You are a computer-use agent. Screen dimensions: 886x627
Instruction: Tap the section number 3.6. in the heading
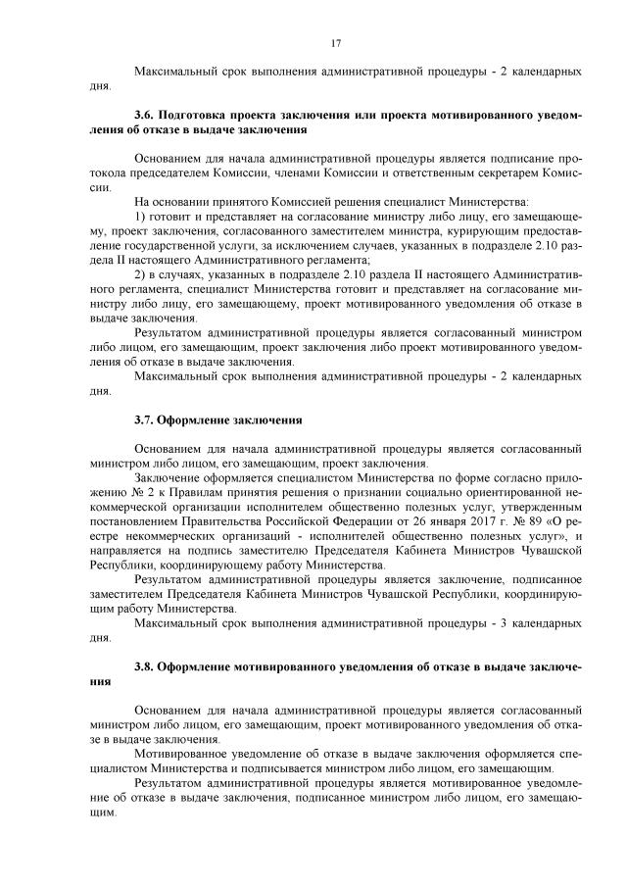[x=145, y=115]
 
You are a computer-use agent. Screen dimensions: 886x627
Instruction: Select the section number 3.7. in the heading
[x=145, y=419]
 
